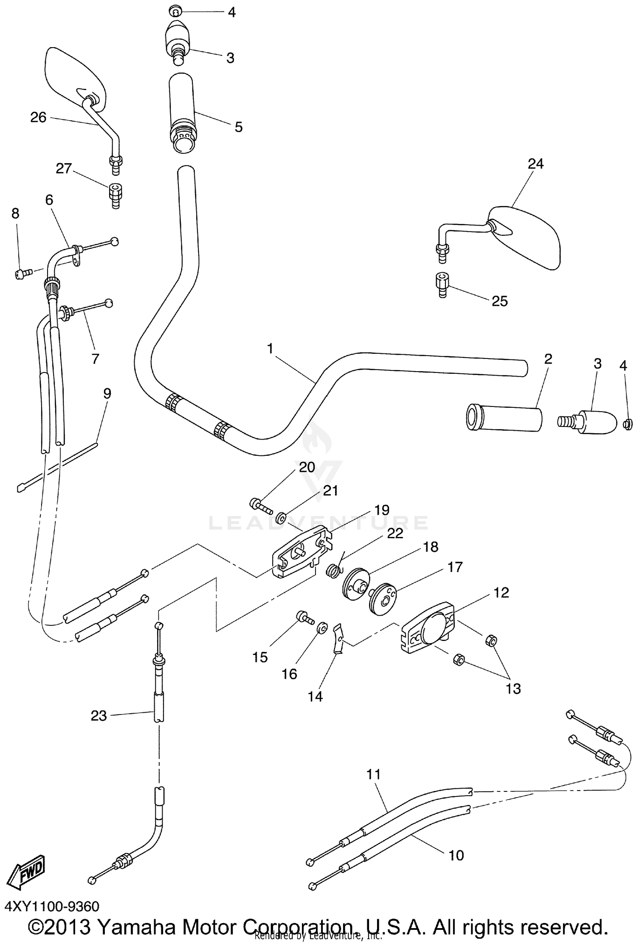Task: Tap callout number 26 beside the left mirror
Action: click(38, 117)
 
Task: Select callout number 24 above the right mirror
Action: click(536, 164)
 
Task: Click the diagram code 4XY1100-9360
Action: click(52, 906)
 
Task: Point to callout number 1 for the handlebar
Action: click(270, 349)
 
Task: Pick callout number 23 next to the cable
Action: click(99, 716)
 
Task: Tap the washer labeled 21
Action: click(281, 518)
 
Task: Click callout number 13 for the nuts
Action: click(513, 688)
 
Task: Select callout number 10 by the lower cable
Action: click(456, 855)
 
